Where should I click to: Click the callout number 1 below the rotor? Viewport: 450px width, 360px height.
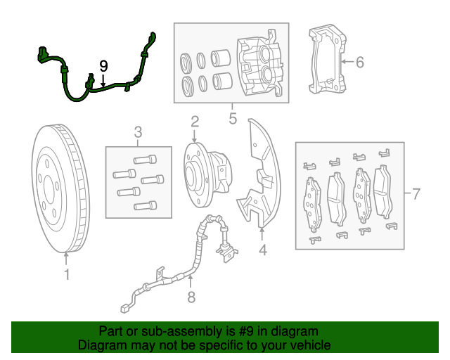[x=67, y=274]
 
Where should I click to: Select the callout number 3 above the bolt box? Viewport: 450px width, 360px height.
[x=138, y=132]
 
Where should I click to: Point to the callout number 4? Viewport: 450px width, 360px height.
[x=262, y=249]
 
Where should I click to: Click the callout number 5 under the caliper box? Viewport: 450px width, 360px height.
[x=233, y=118]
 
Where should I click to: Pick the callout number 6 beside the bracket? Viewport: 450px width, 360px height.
[x=359, y=63]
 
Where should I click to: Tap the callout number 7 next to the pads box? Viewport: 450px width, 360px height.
[x=416, y=194]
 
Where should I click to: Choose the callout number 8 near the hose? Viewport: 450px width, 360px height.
[x=191, y=297]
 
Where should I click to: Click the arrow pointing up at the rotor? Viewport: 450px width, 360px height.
[x=67, y=258]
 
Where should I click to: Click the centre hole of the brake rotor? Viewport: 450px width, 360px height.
[x=49, y=188]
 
